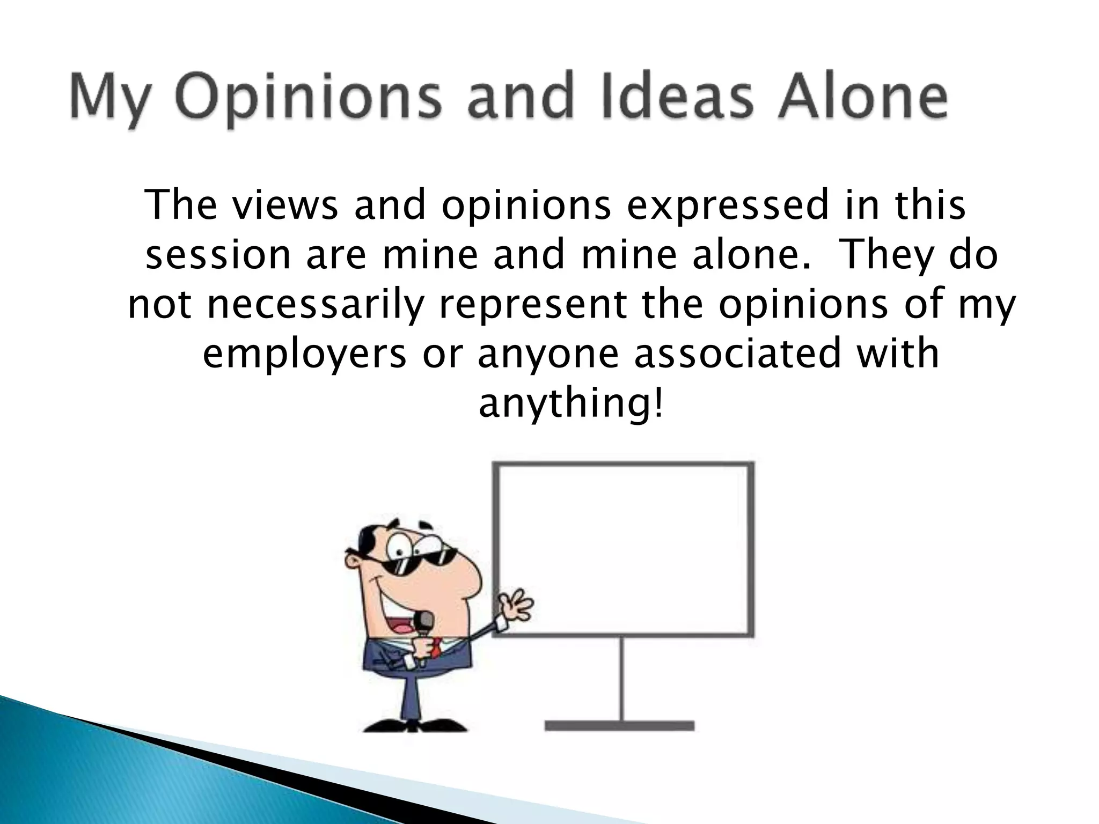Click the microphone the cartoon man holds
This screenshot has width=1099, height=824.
pyautogui.click(x=424, y=626)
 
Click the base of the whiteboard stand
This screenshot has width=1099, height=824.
pyautogui.click(x=620, y=725)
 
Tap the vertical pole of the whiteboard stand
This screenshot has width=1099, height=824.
pyautogui.click(x=621, y=679)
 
